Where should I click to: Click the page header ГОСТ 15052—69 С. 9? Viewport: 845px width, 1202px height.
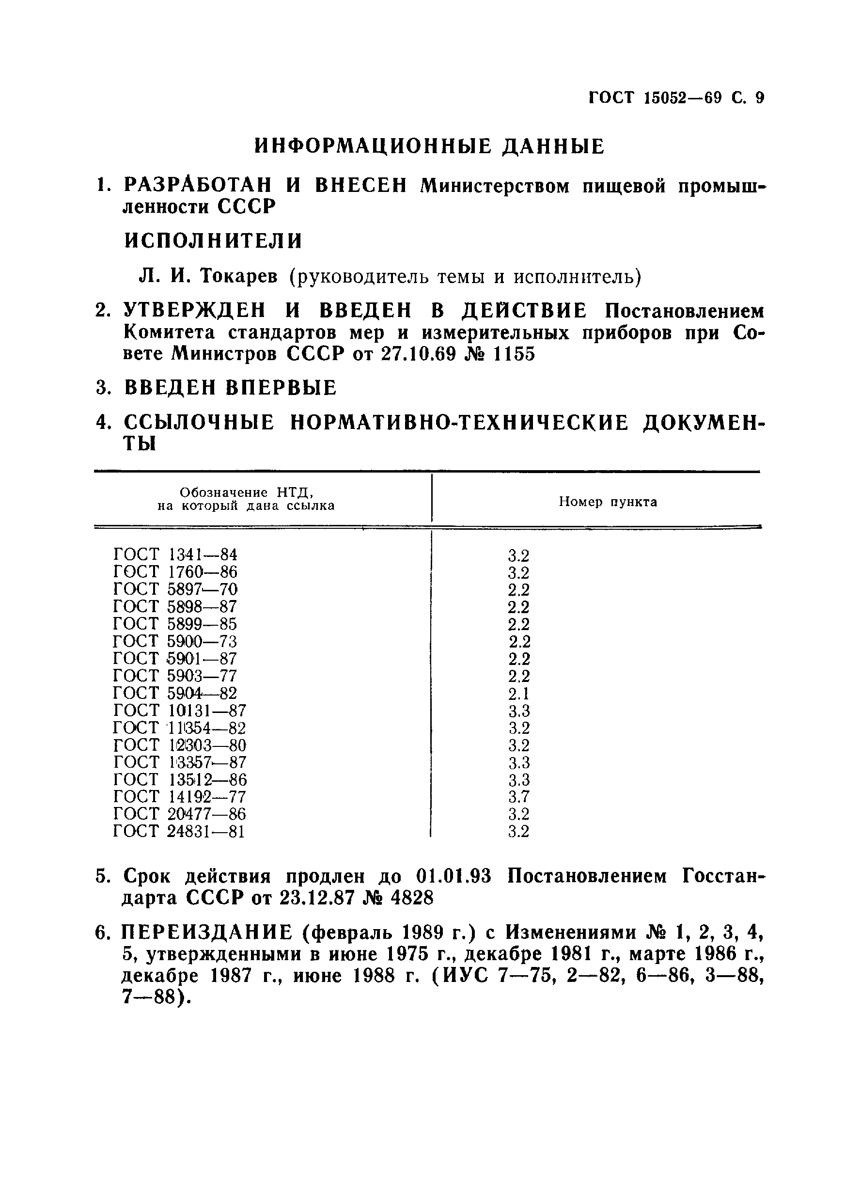(676, 98)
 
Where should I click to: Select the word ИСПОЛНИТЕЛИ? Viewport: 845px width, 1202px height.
(214, 241)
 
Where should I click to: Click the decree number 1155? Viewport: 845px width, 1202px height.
(513, 354)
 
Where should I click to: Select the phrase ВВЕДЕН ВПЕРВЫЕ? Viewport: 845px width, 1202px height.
(230, 388)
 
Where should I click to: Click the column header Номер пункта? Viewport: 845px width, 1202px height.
(608, 502)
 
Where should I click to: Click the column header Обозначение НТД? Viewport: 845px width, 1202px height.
(246, 492)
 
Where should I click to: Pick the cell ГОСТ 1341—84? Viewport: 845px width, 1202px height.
(175, 554)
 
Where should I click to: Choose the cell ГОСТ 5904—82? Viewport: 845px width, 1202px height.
(175, 693)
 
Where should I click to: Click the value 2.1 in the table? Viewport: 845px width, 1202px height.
(518, 694)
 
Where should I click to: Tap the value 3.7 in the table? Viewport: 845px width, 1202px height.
(518, 797)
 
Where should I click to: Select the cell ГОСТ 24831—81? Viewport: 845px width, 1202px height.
(178, 831)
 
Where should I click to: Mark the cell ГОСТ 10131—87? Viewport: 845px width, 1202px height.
(179, 711)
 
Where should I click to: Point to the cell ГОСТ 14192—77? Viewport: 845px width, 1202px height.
(179, 797)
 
